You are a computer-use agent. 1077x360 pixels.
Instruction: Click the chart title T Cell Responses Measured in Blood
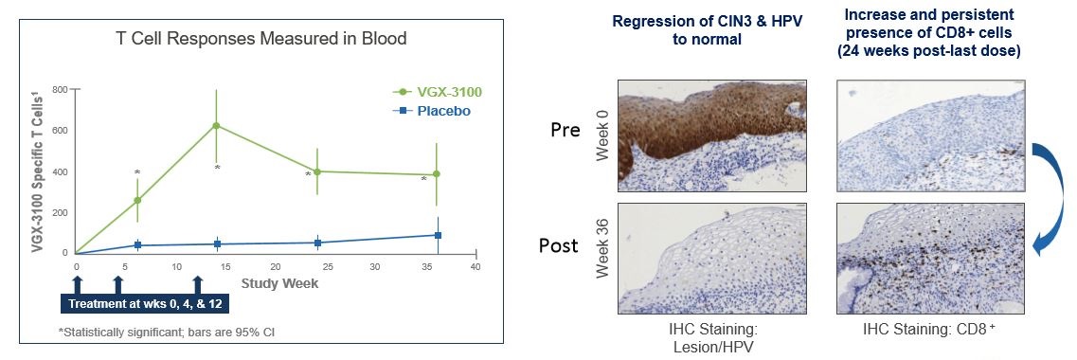pos(260,39)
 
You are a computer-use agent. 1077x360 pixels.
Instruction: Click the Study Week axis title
pos(279,282)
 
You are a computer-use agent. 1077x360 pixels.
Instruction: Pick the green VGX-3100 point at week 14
pos(216,126)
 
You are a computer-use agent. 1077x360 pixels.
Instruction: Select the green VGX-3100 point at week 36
pos(436,173)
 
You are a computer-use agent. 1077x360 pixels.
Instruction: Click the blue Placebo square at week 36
pos(438,236)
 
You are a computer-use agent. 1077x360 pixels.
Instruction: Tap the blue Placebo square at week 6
pos(138,244)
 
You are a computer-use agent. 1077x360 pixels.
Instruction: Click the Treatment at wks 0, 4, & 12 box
pos(146,303)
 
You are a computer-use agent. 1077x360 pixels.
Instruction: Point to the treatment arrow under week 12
pos(198,284)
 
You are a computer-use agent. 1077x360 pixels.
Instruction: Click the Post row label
pos(559,246)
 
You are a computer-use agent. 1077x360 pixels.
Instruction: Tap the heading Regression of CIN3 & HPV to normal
pos(707,30)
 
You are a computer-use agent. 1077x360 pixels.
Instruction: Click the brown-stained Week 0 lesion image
pos(712,136)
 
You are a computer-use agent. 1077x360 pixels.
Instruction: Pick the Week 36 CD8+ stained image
pos(931,259)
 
